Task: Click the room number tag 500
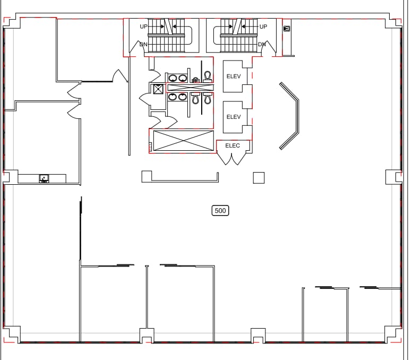220,211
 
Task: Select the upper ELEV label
234,76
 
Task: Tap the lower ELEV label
234,117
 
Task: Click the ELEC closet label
233,145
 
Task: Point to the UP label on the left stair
143,27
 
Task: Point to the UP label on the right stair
263,27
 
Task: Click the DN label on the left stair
143,45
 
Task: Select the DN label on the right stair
262,45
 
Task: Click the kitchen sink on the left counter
44,178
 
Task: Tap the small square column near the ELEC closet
259,178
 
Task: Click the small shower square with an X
158,89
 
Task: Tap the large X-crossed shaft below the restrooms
182,140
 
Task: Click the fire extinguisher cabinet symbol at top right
287,29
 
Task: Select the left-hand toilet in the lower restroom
195,98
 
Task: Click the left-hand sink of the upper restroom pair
173,78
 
